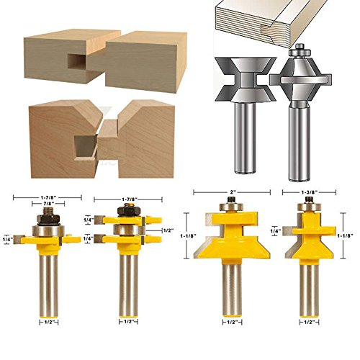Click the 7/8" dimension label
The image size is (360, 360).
(48, 204)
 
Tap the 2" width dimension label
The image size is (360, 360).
(232, 192)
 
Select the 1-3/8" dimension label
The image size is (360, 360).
(309, 192)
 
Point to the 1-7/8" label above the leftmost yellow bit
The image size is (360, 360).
(48, 197)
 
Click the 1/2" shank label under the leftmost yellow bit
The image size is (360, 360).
(49, 322)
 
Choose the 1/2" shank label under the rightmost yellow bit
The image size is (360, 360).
(309, 323)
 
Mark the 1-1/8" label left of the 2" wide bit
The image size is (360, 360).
(189, 236)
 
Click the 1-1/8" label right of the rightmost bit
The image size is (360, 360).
(345, 236)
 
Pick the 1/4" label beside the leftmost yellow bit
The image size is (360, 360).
(7, 239)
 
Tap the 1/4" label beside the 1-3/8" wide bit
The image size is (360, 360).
(275, 231)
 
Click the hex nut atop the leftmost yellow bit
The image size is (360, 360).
(48, 219)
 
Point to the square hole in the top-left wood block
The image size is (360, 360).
(76, 60)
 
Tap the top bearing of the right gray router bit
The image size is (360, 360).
(300, 51)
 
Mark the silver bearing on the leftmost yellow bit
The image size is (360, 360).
(48, 231)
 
